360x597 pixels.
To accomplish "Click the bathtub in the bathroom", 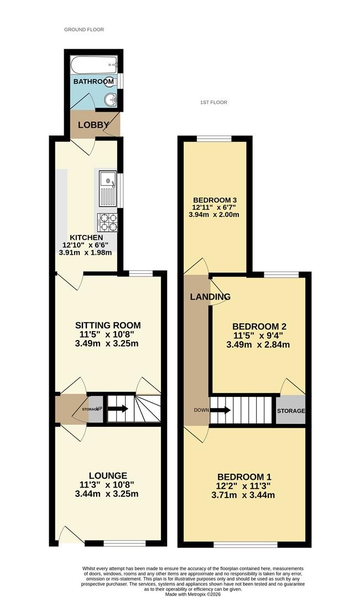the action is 94,65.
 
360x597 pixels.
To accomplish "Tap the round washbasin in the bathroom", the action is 111,100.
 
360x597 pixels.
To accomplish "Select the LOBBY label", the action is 93,125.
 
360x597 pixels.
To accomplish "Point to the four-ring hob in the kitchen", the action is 108,222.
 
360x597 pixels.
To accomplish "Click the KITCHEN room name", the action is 86,238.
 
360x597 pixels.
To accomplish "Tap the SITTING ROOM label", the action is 108,326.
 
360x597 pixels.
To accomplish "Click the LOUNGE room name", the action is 108,475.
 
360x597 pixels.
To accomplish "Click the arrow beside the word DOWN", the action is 220,410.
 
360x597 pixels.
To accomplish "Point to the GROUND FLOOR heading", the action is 84,29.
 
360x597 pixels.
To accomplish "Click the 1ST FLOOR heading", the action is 213,102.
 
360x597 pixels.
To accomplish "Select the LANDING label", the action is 210,297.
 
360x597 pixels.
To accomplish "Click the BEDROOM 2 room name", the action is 259,327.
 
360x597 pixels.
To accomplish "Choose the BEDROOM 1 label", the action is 244,476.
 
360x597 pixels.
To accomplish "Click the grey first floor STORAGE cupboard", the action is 291,410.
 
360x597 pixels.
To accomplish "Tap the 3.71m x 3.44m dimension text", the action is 243,495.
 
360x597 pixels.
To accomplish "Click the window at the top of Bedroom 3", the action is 214,139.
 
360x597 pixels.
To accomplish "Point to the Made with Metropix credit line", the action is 194,594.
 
